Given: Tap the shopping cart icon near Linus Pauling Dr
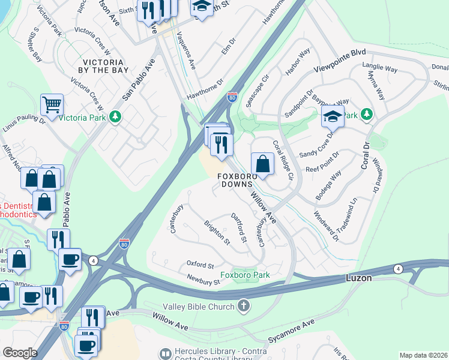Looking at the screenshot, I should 52,105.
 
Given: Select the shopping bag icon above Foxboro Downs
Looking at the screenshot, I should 262,163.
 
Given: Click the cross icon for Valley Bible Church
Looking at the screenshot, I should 243,306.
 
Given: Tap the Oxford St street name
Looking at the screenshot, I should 200,265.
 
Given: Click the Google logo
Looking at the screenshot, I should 20,353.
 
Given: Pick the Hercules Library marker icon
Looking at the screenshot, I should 164,355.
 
